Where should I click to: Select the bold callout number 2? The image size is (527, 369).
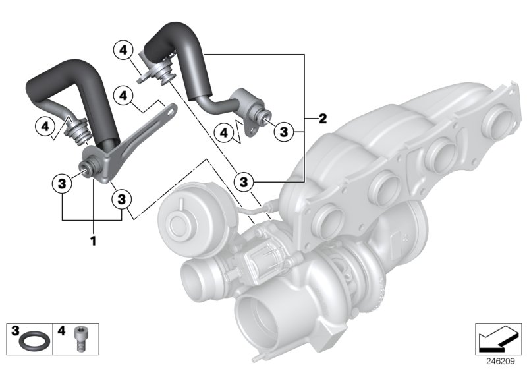(322, 119)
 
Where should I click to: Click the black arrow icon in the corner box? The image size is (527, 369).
(495, 340)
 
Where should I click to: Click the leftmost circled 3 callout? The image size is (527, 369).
(61, 183)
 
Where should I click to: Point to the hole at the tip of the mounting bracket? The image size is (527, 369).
(170, 109)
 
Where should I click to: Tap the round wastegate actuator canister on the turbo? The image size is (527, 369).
(179, 221)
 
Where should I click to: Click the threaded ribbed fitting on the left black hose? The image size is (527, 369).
(79, 130)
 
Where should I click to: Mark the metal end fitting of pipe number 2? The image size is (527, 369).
(261, 116)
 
